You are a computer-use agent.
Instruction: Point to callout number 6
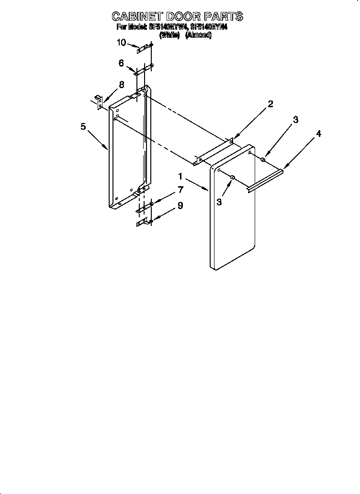coord(121,63)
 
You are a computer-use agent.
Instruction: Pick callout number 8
coord(121,85)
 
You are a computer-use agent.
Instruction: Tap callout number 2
coord(270,104)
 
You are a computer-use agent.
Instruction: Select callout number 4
coord(318,134)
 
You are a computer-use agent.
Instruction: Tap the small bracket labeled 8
coord(99,101)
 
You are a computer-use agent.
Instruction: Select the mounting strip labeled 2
coord(214,153)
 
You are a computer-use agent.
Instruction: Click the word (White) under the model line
coord(169,35)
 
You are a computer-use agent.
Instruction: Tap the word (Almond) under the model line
coord(198,35)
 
